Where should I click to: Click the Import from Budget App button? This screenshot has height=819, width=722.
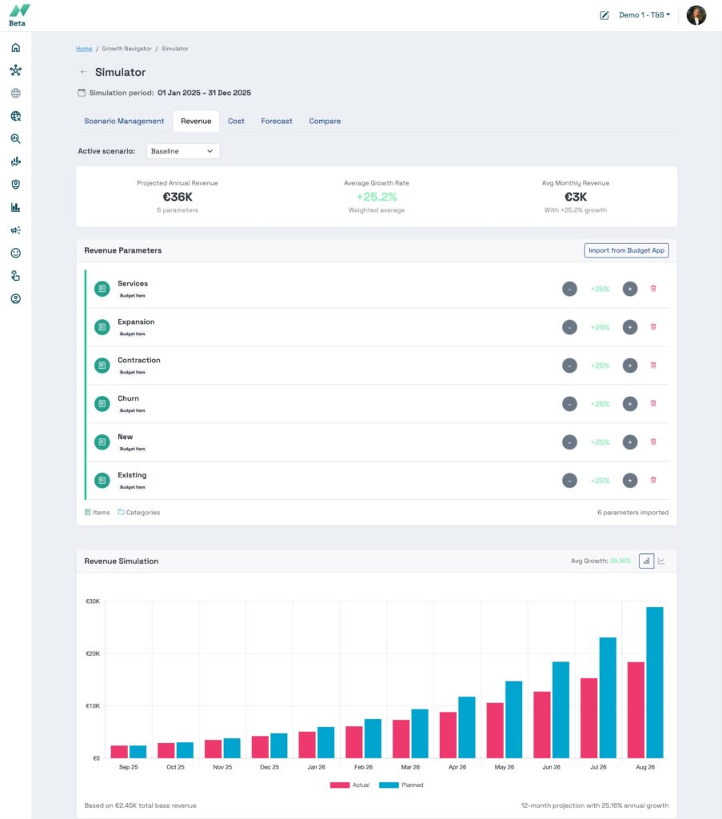click(626, 250)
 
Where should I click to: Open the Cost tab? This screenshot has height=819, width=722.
click(236, 121)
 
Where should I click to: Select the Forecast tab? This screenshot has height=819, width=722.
click(277, 121)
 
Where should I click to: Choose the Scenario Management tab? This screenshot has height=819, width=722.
click(124, 121)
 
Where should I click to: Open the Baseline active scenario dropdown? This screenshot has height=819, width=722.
click(183, 151)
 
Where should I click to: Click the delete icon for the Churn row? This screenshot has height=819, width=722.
click(653, 403)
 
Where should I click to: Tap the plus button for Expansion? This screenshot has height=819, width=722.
click(630, 327)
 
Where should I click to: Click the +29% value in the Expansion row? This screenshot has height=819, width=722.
click(600, 327)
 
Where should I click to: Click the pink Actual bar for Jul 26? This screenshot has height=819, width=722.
click(589, 717)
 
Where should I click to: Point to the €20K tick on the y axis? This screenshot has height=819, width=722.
click(93, 653)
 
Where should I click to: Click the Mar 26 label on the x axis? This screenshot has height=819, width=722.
click(410, 767)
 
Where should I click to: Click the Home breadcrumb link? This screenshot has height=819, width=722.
click(84, 49)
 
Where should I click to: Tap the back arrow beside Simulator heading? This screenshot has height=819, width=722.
click(84, 72)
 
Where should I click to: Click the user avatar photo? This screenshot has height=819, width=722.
click(696, 15)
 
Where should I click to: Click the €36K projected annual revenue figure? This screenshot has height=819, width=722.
click(177, 197)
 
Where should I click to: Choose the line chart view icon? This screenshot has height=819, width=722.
click(662, 561)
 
